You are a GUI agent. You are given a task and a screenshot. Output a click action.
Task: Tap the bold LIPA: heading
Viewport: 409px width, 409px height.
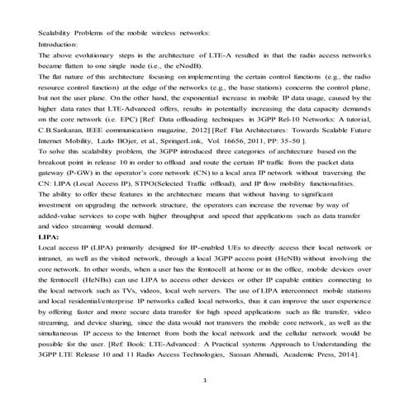click(x=49, y=236)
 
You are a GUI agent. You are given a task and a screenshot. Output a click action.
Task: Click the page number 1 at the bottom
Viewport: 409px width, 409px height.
click(x=205, y=379)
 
